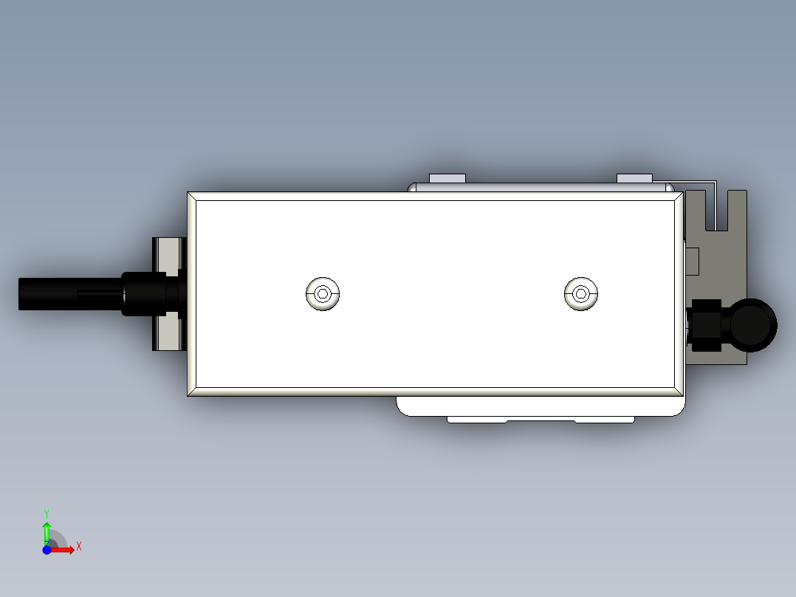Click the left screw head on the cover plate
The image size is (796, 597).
(323, 294)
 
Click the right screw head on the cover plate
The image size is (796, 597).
(580, 294)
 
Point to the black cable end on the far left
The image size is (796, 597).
(44, 293)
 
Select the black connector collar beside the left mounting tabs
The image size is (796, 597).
(144, 293)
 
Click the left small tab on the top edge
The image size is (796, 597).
(447, 178)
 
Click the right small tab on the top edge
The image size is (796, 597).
(634, 178)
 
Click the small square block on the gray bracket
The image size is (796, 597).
(693, 261)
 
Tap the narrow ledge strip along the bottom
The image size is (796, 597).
(540, 420)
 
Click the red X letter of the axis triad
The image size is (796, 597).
(79, 546)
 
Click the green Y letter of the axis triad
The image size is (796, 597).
(47, 512)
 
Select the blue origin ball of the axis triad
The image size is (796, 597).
(47, 550)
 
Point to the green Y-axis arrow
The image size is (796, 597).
(47, 531)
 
